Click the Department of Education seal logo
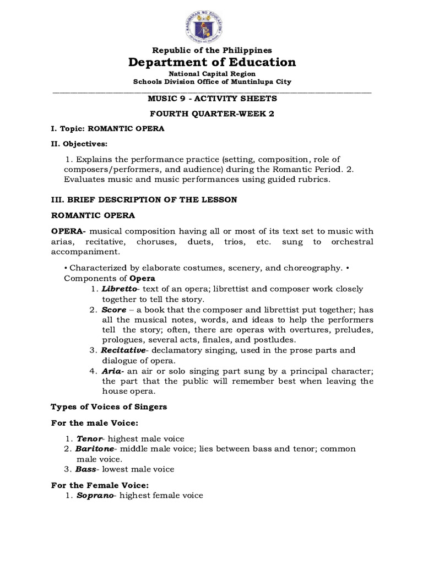coord(212,23)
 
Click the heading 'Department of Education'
coord(212,62)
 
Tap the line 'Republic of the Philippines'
coord(212,50)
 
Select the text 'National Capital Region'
coord(212,73)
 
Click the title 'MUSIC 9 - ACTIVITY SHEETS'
coord(212,99)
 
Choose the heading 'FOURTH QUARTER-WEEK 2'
coord(212,114)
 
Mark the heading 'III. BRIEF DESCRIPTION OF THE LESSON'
coord(144,200)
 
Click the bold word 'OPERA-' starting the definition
coord(69,231)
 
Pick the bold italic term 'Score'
coord(113,310)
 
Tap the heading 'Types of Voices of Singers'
coord(109,407)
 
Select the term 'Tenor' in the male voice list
coord(89,439)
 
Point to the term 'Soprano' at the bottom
coord(95,496)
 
